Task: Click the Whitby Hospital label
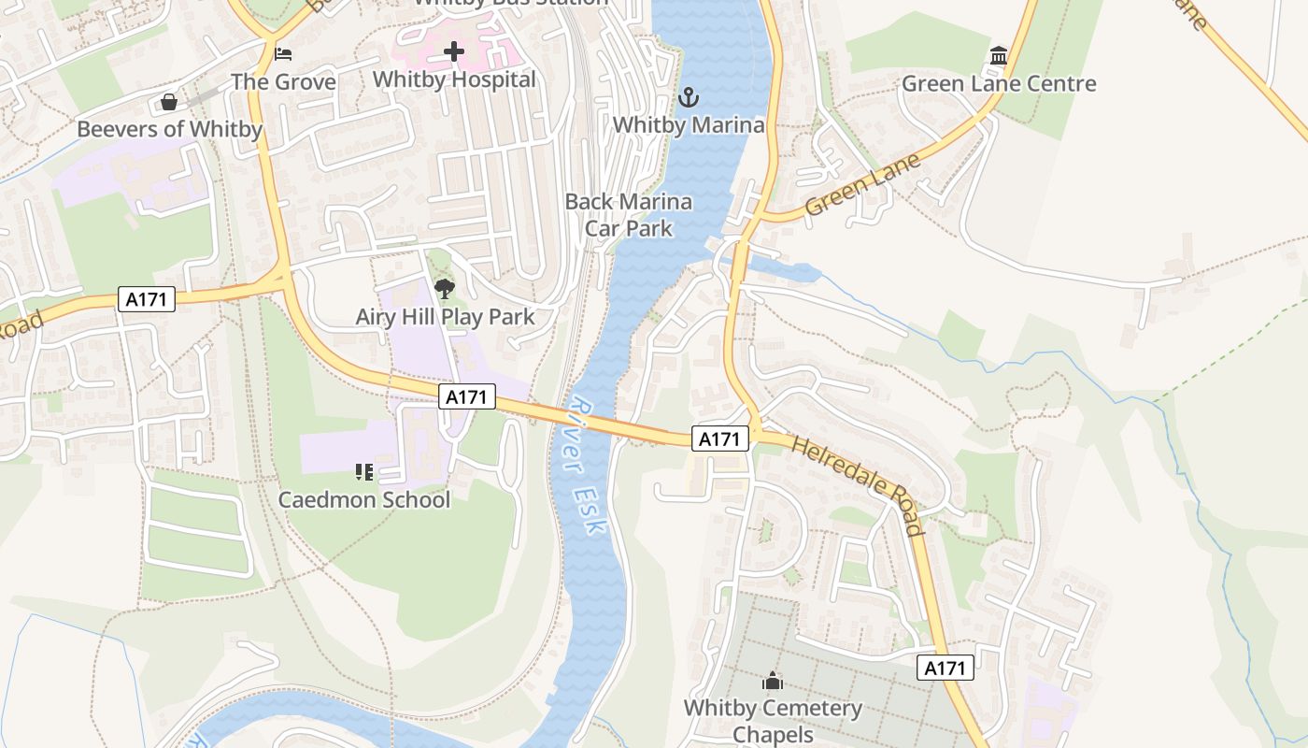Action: pos(454,79)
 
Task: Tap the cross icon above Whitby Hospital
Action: pos(454,51)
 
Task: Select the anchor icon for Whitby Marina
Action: pos(688,97)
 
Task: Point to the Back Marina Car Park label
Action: pos(629,214)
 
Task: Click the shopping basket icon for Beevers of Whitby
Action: pos(169,101)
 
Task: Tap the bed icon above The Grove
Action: pos(283,54)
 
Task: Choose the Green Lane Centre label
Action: pos(998,83)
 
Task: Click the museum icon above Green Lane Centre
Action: pos(998,56)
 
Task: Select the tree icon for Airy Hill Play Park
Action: pos(445,288)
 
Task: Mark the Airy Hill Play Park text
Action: pos(445,317)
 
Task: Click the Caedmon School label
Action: pos(364,499)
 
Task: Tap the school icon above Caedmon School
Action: pos(364,471)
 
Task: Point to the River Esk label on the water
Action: pos(587,466)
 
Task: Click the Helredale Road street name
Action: pos(858,484)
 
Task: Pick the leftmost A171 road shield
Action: pos(148,299)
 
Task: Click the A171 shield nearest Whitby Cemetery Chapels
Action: pos(945,668)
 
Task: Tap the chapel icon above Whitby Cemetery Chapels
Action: pos(773,681)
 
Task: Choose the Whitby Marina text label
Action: pos(688,124)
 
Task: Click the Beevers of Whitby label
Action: pos(169,129)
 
